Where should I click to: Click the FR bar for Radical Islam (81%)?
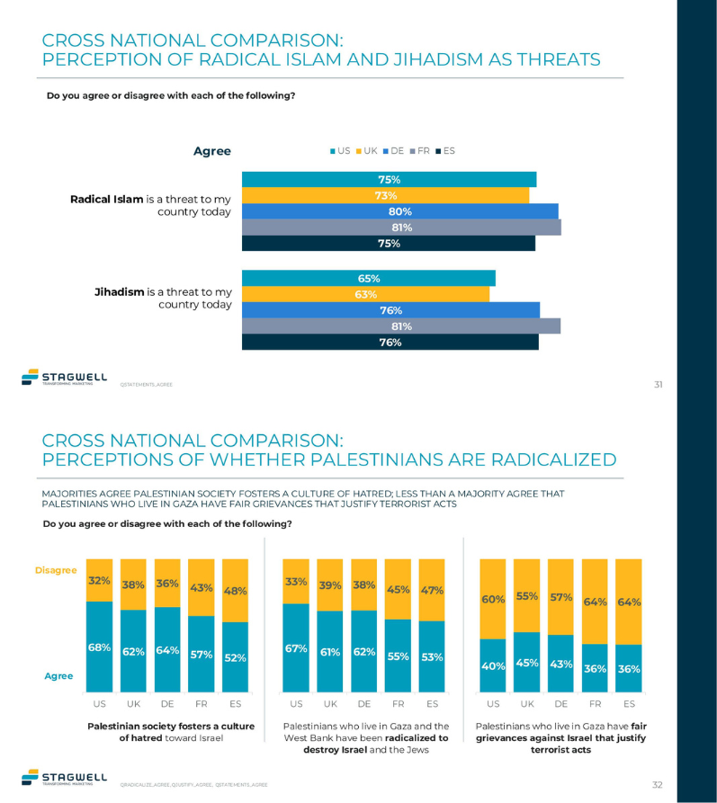(401, 228)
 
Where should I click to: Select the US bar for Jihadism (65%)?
(369, 279)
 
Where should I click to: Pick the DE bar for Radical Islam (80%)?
(400, 211)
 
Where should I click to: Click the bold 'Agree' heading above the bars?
(212, 151)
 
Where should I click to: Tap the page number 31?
(658, 384)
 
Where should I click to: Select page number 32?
(658, 784)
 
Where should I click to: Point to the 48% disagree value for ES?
(235, 591)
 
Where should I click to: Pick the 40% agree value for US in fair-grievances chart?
(493, 665)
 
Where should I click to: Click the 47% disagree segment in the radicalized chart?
(432, 590)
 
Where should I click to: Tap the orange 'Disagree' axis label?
(55, 570)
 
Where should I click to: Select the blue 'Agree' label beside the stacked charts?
(58, 675)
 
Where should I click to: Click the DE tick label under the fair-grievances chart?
(560, 704)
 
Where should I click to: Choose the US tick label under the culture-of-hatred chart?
(99, 704)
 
